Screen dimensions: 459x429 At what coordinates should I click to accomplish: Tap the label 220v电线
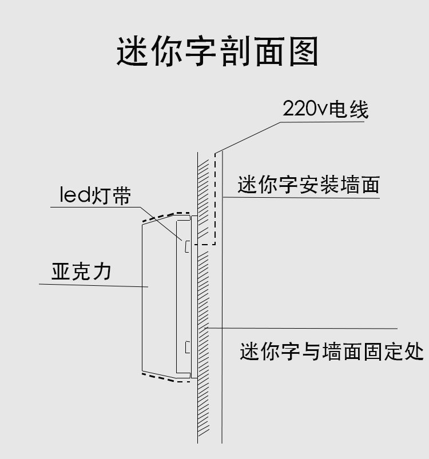pyautogui.click(x=325, y=109)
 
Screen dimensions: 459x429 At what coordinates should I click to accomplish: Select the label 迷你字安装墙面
pyautogui.click(x=309, y=185)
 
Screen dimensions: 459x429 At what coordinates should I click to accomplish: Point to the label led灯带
pyautogui.click(x=96, y=195)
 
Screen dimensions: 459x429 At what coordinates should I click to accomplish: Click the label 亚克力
pyautogui.click(x=81, y=271)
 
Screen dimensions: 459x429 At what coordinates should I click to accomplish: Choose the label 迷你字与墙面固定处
pyautogui.click(x=332, y=351)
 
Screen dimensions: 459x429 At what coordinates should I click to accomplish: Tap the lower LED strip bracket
pyautogui.click(x=186, y=346)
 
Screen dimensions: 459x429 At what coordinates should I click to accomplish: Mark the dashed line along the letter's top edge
pyautogui.click(x=166, y=216)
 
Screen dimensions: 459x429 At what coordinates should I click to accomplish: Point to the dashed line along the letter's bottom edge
pyautogui.click(x=166, y=378)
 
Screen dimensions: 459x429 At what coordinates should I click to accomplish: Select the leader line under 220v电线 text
pyautogui.click(x=320, y=122)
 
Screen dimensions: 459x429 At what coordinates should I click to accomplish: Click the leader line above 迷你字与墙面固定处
pyautogui.click(x=303, y=328)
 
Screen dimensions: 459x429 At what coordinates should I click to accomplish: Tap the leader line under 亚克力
pyautogui.click(x=92, y=285)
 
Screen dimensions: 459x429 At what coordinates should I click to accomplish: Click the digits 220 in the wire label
pyautogui.click(x=299, y=109)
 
